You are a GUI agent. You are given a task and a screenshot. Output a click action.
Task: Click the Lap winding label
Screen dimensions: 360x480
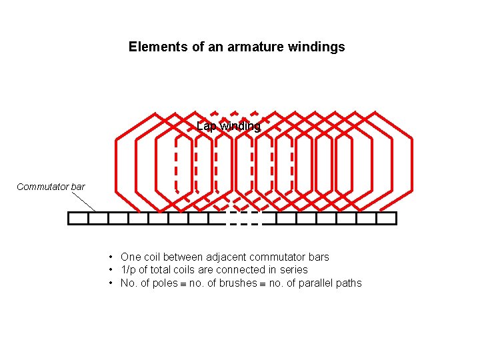229,127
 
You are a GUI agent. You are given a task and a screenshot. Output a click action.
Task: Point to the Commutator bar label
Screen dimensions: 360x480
51,187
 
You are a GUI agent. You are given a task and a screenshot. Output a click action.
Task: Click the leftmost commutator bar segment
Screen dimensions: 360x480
78,218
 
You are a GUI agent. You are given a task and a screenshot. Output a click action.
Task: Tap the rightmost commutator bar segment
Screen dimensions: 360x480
387,218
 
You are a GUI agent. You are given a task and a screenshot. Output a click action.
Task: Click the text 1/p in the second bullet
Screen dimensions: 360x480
127,270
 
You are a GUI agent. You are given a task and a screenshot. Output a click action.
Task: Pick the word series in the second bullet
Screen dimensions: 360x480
294,270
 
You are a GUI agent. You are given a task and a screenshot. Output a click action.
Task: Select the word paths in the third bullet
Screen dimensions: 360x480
347,283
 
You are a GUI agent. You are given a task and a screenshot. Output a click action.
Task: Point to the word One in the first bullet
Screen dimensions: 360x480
131,257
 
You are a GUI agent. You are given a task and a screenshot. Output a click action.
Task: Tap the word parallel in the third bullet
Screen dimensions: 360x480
314,283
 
